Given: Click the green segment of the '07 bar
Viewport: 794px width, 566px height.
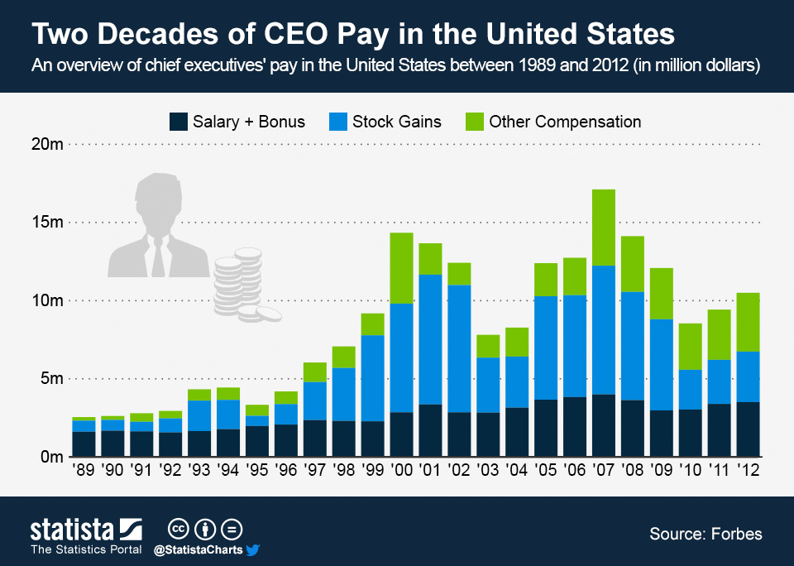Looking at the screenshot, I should point(604,228).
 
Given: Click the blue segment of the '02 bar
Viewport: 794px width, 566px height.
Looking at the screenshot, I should point(459,348).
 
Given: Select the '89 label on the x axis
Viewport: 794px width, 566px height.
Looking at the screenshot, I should point(84,469).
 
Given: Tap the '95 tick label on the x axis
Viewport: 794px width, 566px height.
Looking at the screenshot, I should point(256,469).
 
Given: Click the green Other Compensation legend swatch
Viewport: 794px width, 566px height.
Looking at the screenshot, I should point(474,122).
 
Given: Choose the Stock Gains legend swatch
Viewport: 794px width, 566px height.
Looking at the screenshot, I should point(337,122).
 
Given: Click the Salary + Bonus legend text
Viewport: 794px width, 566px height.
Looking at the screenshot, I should point(248,122).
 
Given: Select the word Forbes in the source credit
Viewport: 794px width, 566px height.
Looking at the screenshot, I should point(736,534).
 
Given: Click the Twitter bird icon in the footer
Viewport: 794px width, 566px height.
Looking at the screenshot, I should point(253,549).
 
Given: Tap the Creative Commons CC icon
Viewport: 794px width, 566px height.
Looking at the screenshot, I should point(177,528).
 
